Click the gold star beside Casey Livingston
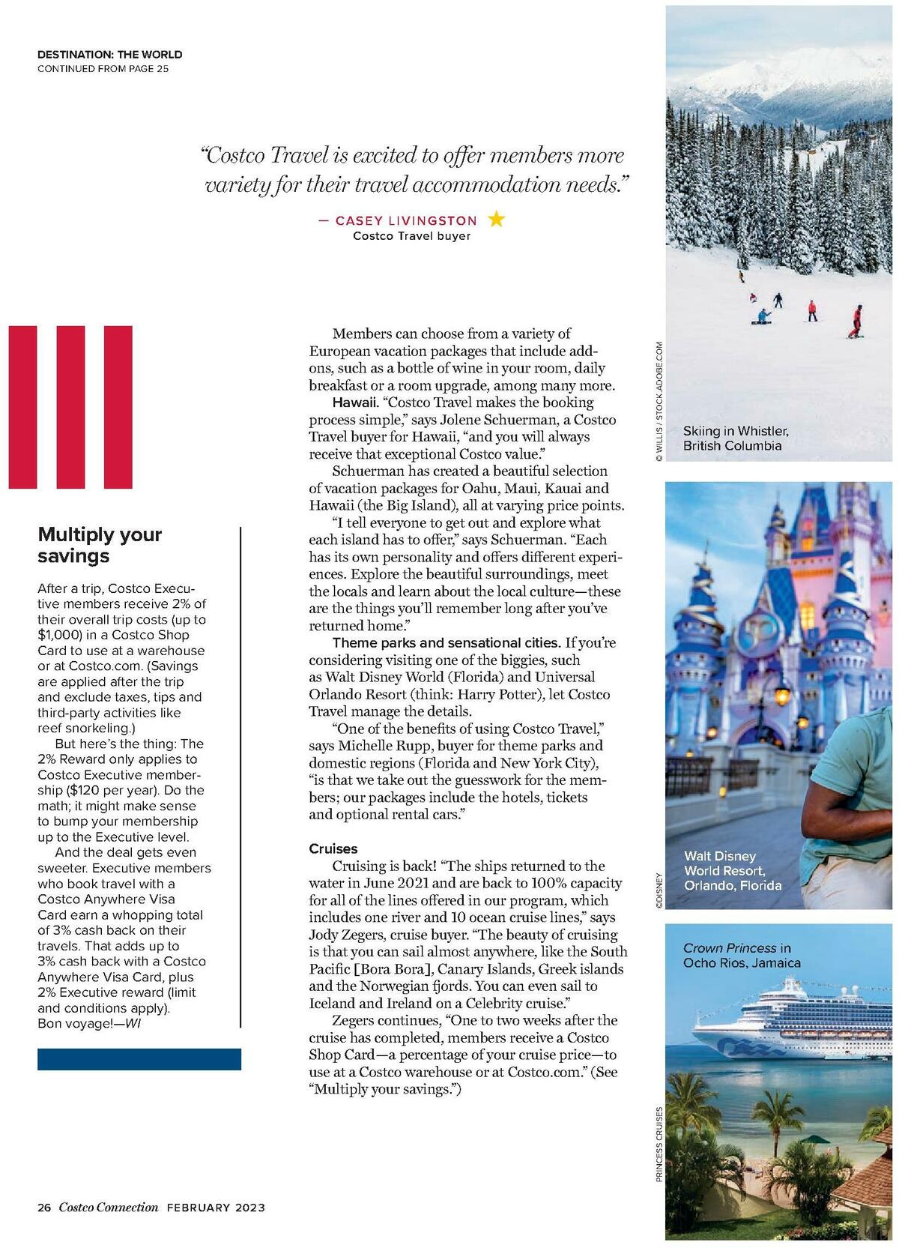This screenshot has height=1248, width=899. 496,219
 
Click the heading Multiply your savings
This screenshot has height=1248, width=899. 100,545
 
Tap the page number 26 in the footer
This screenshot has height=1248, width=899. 44,1207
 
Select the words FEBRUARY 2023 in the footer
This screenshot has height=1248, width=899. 216,1207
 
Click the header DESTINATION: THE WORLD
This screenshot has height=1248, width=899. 109,54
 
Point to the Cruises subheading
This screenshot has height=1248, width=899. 333,848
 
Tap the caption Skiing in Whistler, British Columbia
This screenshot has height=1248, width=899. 735,438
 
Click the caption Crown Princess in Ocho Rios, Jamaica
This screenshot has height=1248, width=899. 742,955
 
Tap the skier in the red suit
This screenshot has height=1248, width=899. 856,320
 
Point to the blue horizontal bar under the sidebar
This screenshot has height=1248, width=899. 139,1058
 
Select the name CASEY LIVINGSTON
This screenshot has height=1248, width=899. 405,220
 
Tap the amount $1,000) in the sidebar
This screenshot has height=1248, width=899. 62,635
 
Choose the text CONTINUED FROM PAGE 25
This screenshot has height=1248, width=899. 103,69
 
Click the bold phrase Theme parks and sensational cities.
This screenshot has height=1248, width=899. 446,642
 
